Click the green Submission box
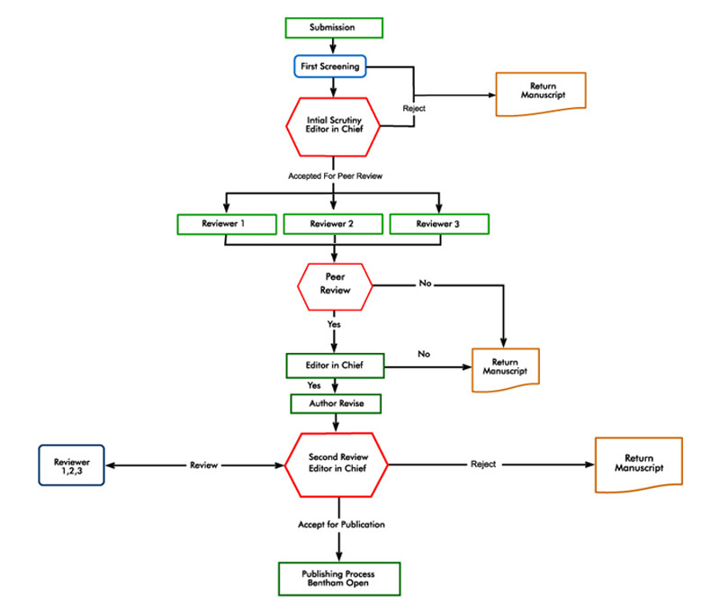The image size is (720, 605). tap(332, 28)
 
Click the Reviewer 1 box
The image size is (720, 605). tap(225, 223)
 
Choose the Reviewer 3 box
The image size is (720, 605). tap(439, 223)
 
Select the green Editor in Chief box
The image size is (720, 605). tap(334, 366)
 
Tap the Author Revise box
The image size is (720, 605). tap(334, 403)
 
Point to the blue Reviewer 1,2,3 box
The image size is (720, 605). tap(71, 465)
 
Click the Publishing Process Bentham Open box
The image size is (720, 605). tap(338, 577)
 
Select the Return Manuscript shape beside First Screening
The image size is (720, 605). tap(541, 94)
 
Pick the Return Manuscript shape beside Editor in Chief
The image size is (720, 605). tap(505, 369)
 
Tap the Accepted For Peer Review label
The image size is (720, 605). tap(334, 176)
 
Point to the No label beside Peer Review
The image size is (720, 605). tap(425, 284)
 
